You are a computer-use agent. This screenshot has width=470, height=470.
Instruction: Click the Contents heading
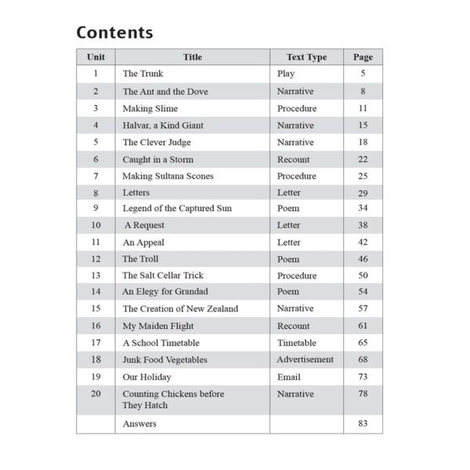coord(114,33)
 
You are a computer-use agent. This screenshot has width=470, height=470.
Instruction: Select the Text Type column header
coord(306,57)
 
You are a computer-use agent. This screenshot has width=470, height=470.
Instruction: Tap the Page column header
coord(363,57)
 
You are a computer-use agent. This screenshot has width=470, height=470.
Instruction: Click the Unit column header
coord(96,57)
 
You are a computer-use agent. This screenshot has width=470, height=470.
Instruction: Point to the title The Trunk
coord(143,74)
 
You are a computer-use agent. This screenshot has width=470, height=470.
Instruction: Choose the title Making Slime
coord(150,108)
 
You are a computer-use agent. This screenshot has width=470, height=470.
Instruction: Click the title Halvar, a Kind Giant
coord(163,125)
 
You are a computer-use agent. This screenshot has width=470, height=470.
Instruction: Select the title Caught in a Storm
coord(157,159)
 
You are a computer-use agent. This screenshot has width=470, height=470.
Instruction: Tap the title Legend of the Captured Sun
coord(177,208)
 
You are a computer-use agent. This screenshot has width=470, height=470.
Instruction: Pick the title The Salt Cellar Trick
coord(163,276)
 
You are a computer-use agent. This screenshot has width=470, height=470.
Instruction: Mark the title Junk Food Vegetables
coord(164,360)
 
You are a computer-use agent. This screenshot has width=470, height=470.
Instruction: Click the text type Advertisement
coord(305,360)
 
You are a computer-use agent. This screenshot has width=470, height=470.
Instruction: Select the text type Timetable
coord(297,342)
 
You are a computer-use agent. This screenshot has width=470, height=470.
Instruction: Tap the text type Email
coord(289,376)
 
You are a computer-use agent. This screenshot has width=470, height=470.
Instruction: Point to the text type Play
coord(286,74)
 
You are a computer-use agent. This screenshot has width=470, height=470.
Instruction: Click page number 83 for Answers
coord(363,424)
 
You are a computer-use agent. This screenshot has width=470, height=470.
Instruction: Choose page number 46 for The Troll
coord(363,258)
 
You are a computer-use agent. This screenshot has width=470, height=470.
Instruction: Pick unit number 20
coord(96,393)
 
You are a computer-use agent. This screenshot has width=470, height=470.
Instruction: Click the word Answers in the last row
coord(139,424)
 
